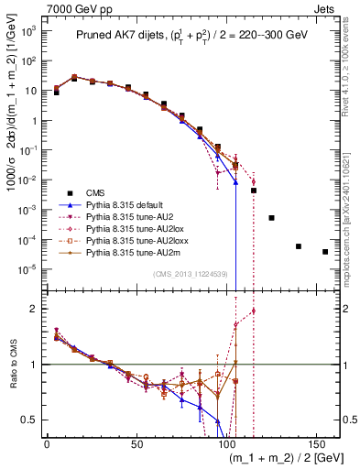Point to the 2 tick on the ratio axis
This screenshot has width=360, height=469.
pos(35,309)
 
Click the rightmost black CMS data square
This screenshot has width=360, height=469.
pos(325,252)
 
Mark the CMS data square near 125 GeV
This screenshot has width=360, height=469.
pos(271,218)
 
